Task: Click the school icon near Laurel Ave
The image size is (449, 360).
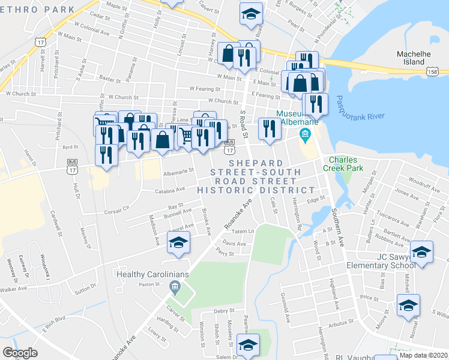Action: click(x=178, y=242)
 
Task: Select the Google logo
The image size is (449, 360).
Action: click(x=20, y=352)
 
